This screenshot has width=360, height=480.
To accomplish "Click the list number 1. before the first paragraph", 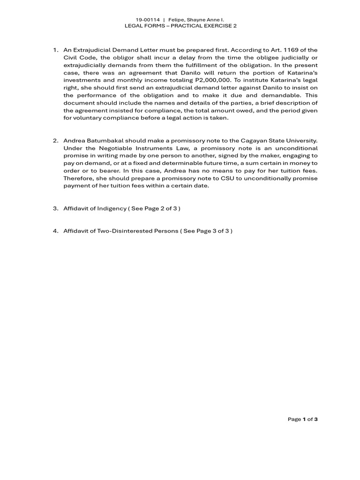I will pyautogui.click(x=55, y=50).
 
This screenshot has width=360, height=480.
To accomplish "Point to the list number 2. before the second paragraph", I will pyautogui.click(x=55, y=140).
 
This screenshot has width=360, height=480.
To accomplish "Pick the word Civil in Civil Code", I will pyautogui.click(x=71, y=58).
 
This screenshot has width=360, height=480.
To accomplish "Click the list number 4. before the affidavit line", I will pyautogui.click(x=55, y=231).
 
